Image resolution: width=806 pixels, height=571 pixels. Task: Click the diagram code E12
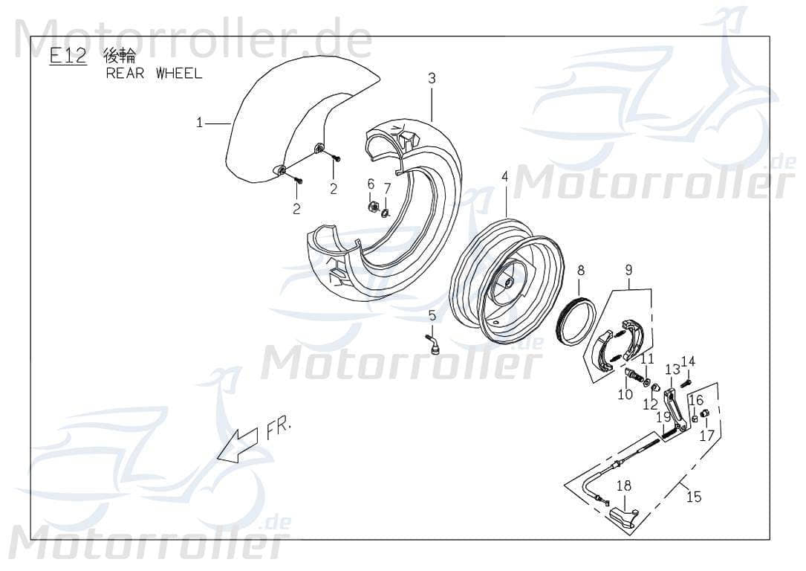68,57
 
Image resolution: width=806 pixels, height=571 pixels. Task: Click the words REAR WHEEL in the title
154,74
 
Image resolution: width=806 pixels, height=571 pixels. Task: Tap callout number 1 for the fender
199,123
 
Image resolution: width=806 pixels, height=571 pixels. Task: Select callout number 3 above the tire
431,78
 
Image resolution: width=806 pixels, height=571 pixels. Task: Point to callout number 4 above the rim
505,177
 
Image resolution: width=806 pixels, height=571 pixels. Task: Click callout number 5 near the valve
432,316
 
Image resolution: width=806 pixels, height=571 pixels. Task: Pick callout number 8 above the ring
581,270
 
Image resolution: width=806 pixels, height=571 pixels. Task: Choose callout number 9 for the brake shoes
628,270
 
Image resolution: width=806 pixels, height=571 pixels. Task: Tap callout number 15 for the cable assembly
693,497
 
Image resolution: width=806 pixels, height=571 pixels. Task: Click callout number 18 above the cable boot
623,485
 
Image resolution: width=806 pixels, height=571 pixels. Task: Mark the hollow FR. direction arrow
236,446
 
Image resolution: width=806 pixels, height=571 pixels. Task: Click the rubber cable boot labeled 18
623,517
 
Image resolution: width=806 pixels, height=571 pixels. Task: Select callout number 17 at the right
706,436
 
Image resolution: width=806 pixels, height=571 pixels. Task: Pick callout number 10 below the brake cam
625,394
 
